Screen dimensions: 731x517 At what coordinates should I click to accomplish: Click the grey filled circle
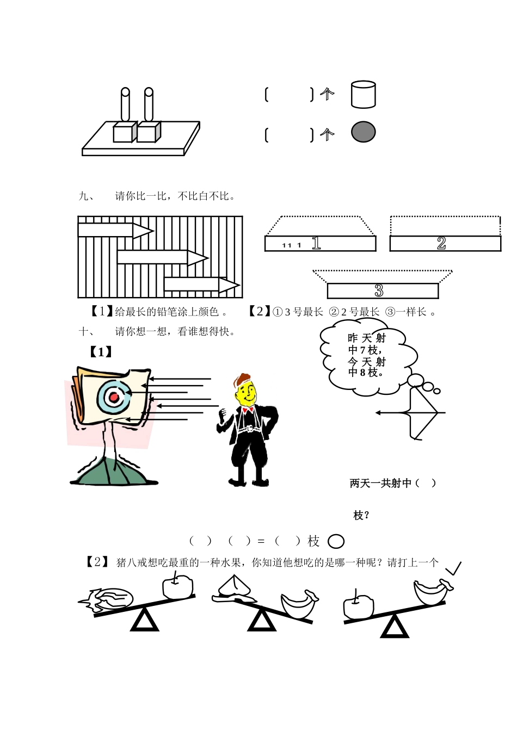[363, 132]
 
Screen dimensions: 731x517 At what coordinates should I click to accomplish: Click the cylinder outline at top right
[363, 95]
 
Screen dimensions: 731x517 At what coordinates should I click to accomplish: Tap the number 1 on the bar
[316, 244]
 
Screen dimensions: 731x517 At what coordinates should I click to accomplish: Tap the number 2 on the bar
[441, 244]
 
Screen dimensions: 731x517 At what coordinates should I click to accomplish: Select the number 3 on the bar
[379, 291]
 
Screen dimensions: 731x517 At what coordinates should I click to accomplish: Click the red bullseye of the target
[114, 398]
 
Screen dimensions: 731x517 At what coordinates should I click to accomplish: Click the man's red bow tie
[249, 412]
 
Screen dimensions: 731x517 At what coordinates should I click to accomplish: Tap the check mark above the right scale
[452, 569]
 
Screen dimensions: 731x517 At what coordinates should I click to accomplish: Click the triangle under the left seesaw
[145, 621]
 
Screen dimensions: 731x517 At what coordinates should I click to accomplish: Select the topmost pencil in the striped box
[115, 230]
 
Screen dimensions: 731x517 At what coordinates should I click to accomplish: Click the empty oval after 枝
[336, 542]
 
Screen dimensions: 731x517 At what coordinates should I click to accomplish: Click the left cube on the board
[124, 132]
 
